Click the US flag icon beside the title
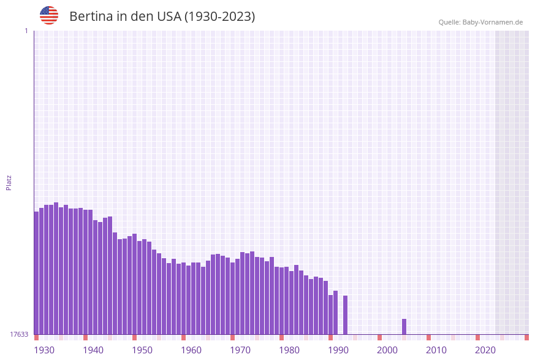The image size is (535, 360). (49, 15)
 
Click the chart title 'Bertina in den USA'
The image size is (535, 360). (162, 17)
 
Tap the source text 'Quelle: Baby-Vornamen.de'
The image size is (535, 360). (480, 22)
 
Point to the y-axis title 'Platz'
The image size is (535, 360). (9, 182)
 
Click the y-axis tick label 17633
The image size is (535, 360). (19, 334)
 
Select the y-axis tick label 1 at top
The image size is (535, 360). (26, 31)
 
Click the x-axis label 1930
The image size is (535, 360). (44, 350)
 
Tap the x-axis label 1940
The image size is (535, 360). (93, 350)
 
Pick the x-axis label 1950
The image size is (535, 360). (142, 350)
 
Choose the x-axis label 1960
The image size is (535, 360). (191, 350)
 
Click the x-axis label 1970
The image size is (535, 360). (240, 350)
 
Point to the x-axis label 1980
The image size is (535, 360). (289, 350)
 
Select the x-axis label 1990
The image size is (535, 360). (338, 350)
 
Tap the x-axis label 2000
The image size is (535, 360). (387, 350)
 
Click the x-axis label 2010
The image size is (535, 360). (436, 350)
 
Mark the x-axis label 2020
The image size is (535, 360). (485, 350)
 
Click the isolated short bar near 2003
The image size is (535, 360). (404, 326)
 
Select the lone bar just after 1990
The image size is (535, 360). (346, 315)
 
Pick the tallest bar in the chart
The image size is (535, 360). (56, 268)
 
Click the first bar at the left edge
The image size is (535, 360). (36, 273)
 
